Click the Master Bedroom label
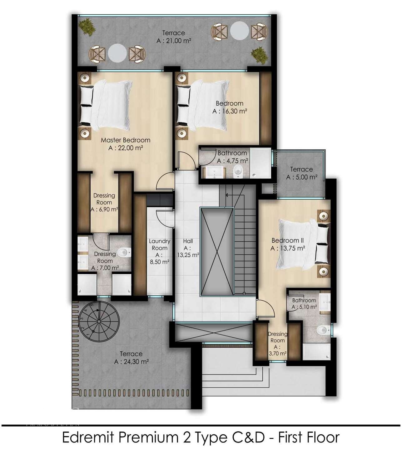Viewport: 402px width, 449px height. click(x=126, y=140)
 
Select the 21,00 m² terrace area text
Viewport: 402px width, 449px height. click(x=174, y=41)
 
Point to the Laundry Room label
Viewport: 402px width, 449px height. click(x=159, y=244)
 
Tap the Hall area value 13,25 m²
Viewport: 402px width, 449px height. click(x=188, y=255)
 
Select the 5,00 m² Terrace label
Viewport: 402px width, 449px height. click(x=301, y=173)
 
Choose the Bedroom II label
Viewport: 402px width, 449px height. click(x=288, y=240)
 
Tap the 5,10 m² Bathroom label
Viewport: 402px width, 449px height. click(x=304, y=304)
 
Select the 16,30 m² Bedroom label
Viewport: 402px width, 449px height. click(x=230, y=107)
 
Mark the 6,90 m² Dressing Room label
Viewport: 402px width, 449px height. click(x=104, y=202)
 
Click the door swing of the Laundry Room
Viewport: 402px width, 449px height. click(x=164, y=218)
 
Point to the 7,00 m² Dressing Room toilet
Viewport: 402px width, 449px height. click(x=124, y=252)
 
